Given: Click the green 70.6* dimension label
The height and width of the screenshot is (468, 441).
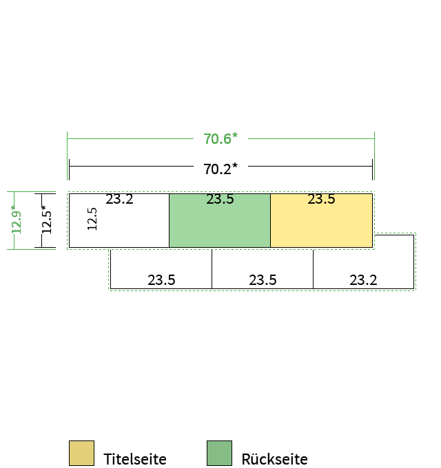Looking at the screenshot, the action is [220, 139].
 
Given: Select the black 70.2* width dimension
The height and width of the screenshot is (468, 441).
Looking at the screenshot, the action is [220, 169].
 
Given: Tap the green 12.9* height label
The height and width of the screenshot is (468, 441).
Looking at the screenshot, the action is [17, 220].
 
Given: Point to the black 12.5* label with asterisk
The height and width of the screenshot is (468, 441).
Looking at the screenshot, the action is [47, 220].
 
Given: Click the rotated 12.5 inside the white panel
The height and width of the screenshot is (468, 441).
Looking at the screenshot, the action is [92, 219].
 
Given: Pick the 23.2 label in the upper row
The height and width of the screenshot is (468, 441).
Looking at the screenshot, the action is [119, 199].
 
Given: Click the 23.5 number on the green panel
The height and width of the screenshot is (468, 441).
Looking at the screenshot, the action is [220, 199].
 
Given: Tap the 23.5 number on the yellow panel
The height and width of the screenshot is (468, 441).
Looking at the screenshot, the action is [322, 199].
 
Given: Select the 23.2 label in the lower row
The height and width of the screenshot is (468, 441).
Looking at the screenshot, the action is [363, 280].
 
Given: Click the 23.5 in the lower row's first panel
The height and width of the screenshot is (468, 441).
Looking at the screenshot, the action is [161, 280].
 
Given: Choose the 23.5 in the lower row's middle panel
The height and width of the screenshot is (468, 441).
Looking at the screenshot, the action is [263, 280].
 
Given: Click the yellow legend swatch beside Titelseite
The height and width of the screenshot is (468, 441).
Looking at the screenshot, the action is [81, 453].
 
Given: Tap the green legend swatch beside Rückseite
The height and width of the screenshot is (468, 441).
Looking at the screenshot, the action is [219, 453].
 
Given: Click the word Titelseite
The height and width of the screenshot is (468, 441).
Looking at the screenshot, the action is [135, 459].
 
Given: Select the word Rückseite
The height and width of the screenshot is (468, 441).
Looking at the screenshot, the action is [274, 459].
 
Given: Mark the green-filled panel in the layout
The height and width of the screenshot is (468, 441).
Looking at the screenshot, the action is [220, 220].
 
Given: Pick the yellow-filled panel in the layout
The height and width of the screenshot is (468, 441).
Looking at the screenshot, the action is [322, 220].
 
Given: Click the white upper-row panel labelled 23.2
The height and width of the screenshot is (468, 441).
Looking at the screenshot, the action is [119, 220].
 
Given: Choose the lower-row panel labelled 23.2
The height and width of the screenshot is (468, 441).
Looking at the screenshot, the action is [364, 262].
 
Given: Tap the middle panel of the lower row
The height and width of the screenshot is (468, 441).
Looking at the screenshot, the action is [263, 268].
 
